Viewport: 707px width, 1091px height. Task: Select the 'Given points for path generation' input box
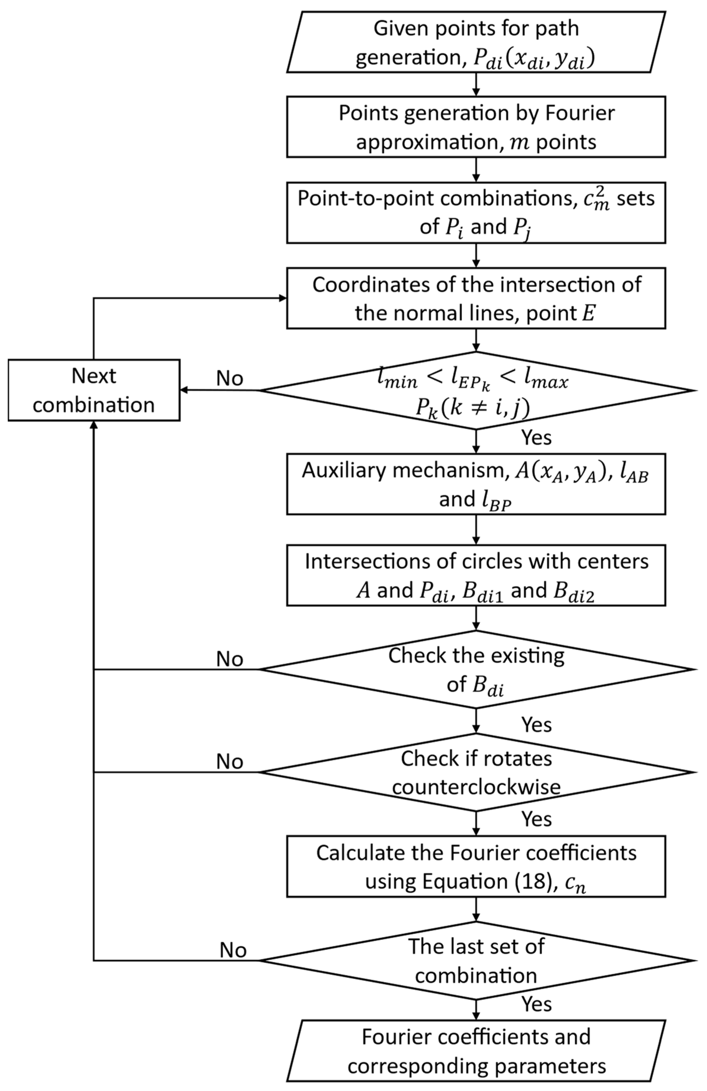pyautogui.click(x=476, y=42)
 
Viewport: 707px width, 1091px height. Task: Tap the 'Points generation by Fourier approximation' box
pyautogui.click(x=476, y=127)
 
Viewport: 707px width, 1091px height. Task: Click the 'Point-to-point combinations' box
pyautogui.click(x=476, y=212)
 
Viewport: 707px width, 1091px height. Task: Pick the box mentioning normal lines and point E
pyautogui.click(x=476, y=298)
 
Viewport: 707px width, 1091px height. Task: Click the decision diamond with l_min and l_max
pyautogui.click(x=476, y=390)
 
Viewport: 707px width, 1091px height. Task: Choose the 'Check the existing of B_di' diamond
pyautogui.click(x=476, y=669)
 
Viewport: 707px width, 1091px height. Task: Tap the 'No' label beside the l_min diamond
pyautogui.click(x=229, y=379)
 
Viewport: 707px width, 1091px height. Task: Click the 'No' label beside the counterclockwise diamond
pyautogui.click(x=229, y=761)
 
